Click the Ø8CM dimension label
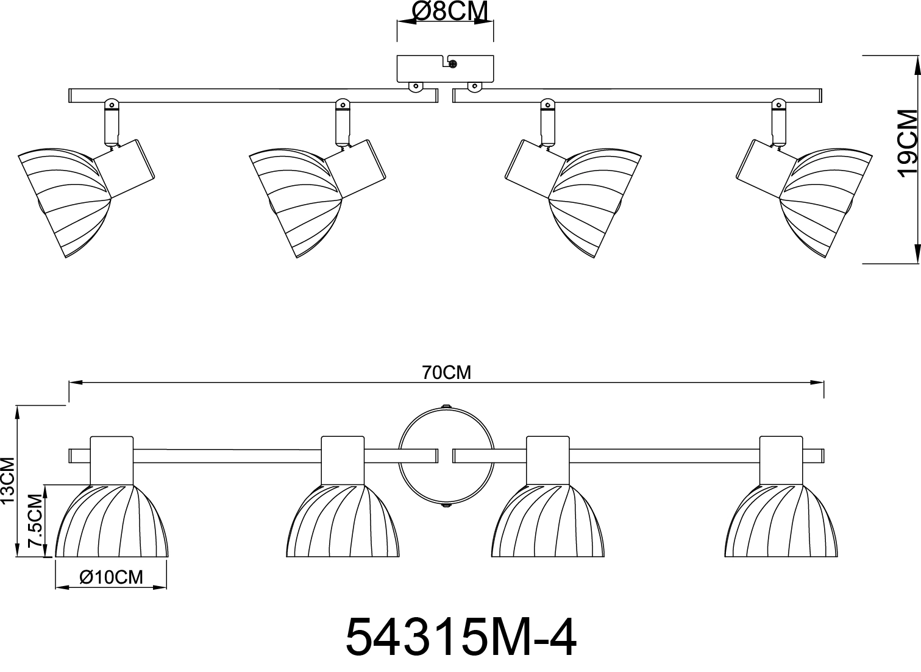click(x=450, y=11)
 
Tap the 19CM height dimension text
click(x=908, y=143)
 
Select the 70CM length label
click(x=446, y=373)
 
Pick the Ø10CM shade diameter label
click(x=111, y=578)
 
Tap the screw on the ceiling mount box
click(x=453, y=64)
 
